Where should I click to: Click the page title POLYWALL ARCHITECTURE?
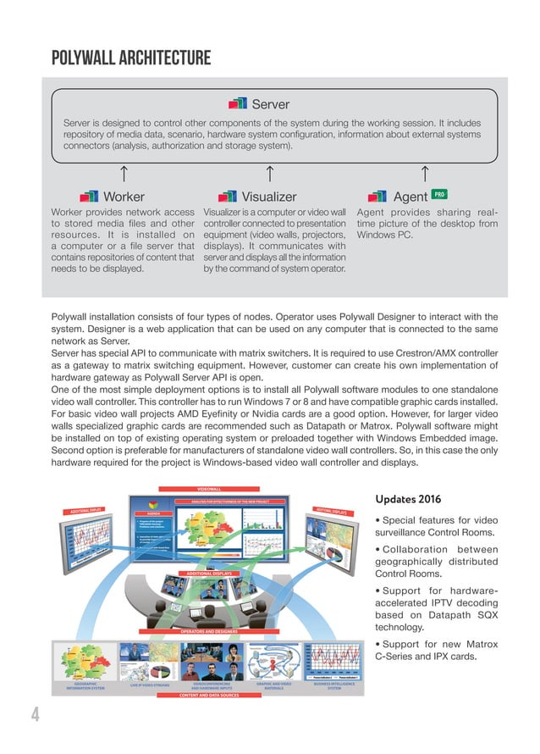(131, 58)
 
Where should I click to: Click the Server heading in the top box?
(270, 104)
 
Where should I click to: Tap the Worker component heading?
(123, 197)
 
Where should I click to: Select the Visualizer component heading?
(269, 197)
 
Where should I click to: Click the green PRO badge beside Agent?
(439, 194)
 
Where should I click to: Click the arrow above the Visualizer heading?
(269, 174)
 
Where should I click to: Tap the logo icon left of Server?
(239, 104)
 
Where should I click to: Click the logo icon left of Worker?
(88, 197)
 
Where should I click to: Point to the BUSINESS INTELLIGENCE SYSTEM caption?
(334, 685)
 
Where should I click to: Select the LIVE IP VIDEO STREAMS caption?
(148, 684)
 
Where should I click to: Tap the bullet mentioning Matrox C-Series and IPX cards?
(436, 651)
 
